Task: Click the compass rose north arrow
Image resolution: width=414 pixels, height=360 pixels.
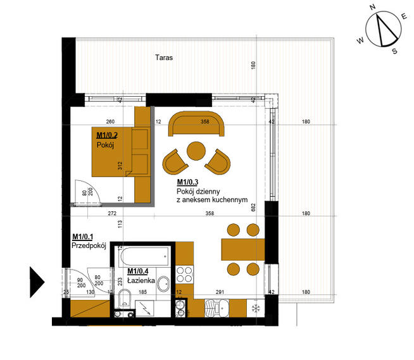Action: tap(384, 30)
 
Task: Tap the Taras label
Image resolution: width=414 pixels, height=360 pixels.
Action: tap(164, 58)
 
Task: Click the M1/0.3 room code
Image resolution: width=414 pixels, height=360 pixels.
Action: tap(190, 182)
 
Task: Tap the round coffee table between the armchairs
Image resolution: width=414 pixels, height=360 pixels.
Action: tap(195, 152)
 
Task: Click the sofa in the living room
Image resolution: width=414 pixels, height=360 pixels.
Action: tap(196, 125)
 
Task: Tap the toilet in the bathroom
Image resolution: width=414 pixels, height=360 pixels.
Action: tap(125, 299)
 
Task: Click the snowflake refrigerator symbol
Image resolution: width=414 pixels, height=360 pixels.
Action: tap(256, 308)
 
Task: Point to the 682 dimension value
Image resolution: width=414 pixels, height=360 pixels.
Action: tap(253, 207)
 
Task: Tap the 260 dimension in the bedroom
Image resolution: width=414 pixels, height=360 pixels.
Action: tap(110, 121)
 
